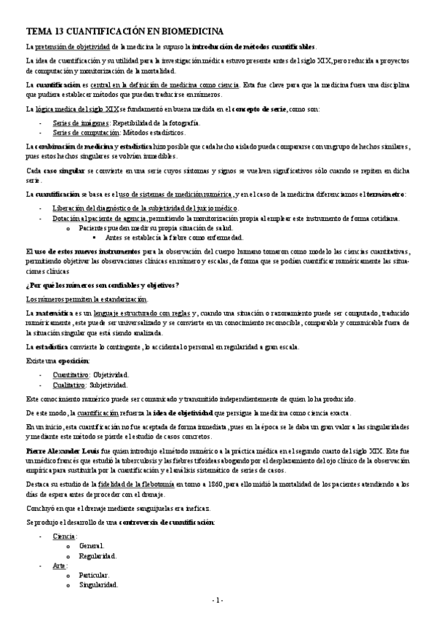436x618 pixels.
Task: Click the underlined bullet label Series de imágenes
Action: click(78, 123)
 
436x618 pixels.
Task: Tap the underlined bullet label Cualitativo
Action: click(69, 383)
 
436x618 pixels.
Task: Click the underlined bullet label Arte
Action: click(59, 566)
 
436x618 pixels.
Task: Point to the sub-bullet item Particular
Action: click(95, 575)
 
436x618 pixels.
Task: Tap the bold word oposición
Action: click(74, 360)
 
